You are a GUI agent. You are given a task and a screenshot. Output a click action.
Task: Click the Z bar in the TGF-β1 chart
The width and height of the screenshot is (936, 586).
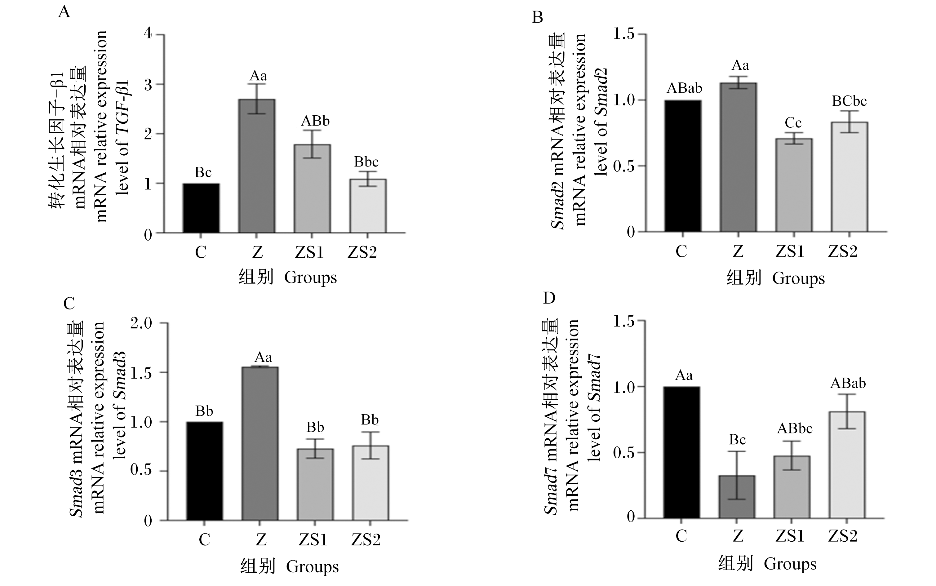coord(257,166)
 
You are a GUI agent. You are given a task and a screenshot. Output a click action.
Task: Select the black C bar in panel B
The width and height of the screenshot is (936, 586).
coord(683,166)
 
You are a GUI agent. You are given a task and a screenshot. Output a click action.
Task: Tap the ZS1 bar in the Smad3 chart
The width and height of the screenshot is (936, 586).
coord(315,484)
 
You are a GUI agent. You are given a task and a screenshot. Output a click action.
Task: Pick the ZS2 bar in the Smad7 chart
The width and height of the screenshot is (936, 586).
coord(847,465)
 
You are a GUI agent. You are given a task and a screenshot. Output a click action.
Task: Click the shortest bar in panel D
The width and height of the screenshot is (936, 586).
coord(737,496)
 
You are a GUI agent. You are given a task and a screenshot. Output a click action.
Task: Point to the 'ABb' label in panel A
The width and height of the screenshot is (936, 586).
coord(315,121)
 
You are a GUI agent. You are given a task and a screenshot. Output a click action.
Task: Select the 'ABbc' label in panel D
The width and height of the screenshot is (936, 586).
coord(795,428)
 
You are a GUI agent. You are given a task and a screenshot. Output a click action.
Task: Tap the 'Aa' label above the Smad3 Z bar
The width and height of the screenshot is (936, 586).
coord(263,357)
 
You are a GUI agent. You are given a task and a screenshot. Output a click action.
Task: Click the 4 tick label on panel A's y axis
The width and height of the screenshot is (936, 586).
coord(148,33)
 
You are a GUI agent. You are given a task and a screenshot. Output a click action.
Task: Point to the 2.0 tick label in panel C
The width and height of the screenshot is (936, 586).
coord(141,323)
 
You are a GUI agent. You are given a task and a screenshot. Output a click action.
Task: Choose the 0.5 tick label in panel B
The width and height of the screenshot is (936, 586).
coord(624,166)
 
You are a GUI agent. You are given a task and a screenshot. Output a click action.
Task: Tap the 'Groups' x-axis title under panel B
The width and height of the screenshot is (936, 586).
coord(798,279)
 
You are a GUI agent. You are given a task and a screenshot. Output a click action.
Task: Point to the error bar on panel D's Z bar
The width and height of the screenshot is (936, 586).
coord(737,475)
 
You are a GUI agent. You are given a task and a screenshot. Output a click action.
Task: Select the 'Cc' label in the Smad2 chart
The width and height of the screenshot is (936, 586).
coord(793,123)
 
